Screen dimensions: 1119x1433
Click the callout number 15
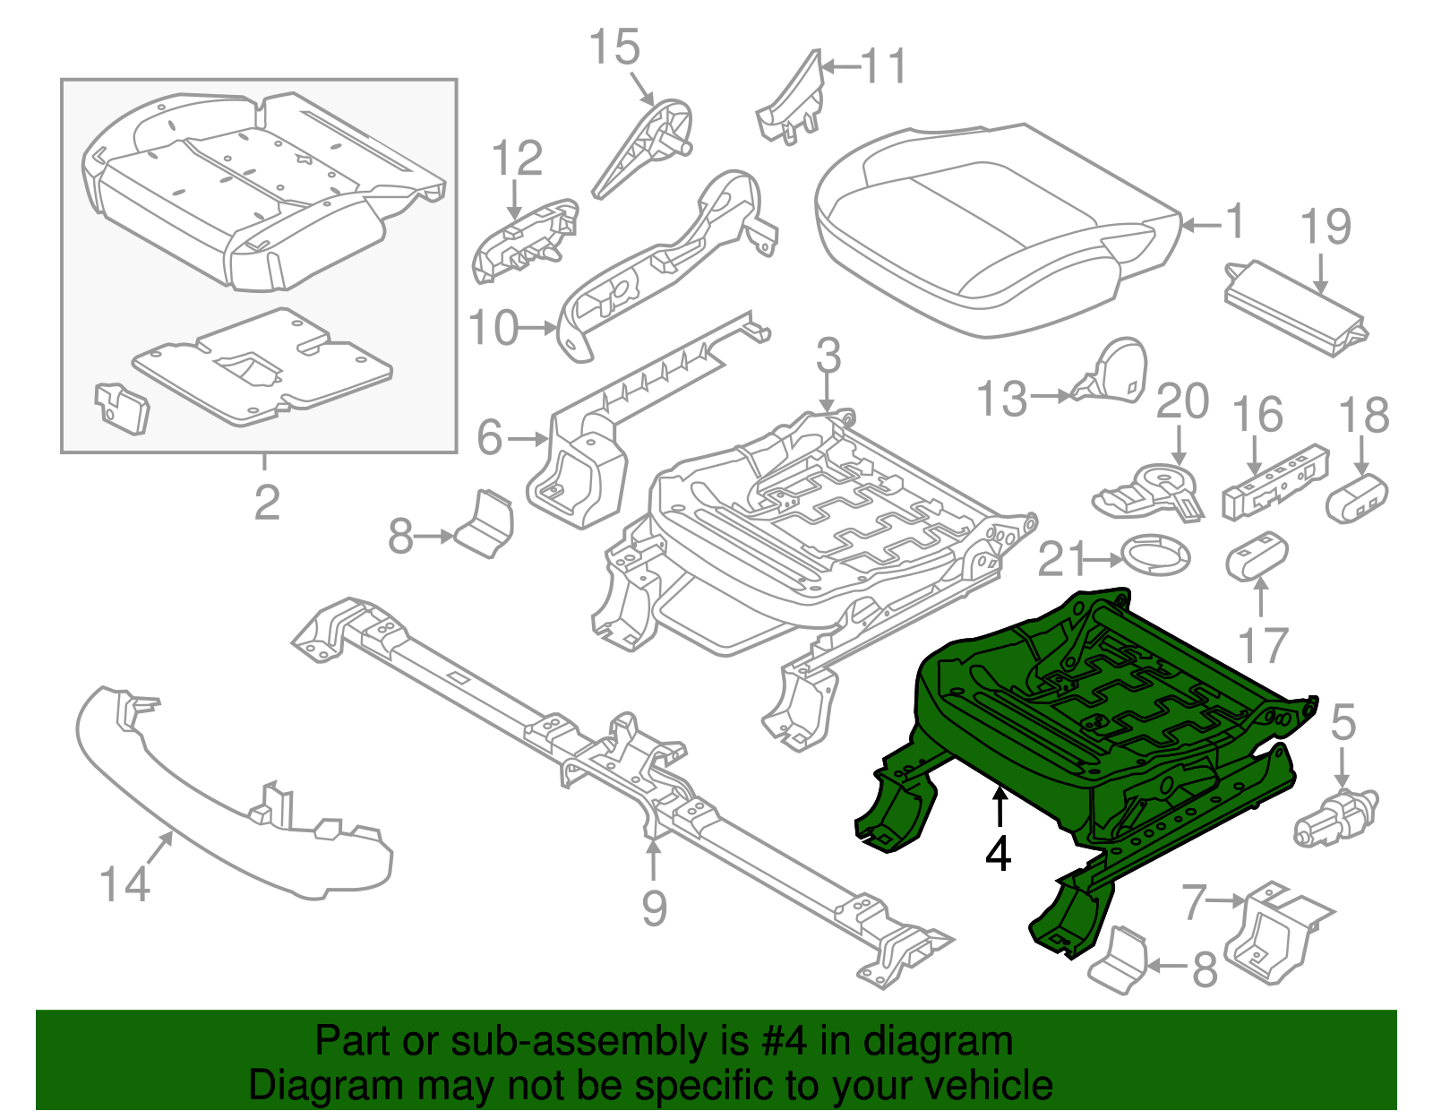(614, 47)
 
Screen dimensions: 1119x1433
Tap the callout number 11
(883, 67)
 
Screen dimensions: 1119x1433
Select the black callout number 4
(998, 853)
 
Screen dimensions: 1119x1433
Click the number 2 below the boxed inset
(266, 503)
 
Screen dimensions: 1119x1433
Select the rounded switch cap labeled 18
(1356, 500)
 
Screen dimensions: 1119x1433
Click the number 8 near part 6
(400, 537)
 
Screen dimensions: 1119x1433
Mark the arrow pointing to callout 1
(1200, 224)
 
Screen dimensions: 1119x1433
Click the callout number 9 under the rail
(654, 908)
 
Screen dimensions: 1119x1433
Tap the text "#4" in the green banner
(785, 1042)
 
